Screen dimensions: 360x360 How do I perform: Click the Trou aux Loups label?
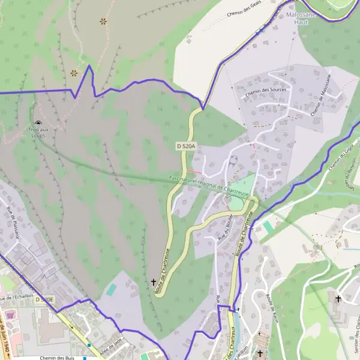tap(38, 133)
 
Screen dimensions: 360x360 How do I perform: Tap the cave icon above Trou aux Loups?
tap(38, 123)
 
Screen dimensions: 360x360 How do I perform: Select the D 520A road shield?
tap(187, 146)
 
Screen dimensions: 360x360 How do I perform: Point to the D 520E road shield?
tap(44, 299)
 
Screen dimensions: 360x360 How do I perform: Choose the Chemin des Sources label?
tap(266, 89)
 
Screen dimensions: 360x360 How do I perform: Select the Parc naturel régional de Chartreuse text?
tap(209, 184)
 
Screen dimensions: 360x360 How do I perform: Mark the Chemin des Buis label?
tap(56, 357)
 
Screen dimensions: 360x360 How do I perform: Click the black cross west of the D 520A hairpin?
tap(153, 281)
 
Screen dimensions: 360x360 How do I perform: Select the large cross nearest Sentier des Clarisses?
tap(338, 298)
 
